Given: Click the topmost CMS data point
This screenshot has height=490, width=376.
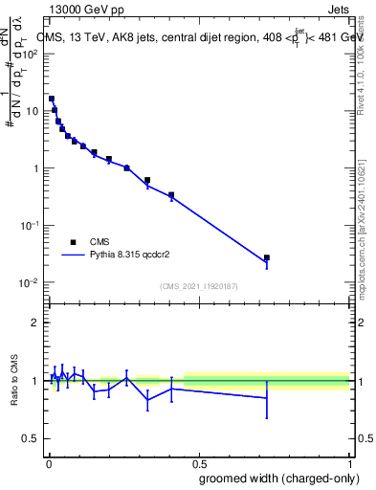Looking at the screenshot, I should [52, 99].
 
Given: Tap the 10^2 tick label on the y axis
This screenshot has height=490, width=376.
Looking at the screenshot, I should [31, 54].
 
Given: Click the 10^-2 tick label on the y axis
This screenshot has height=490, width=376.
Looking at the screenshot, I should [31, 283].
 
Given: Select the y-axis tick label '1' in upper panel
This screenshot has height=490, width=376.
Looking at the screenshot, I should [35, 168].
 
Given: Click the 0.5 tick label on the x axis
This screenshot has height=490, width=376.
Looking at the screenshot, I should [198, 462].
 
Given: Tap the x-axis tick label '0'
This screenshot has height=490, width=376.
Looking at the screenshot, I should [48, 462].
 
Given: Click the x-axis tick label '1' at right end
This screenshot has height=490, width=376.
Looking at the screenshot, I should [349, 462].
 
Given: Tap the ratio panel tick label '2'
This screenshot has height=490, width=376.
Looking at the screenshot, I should [36, 323].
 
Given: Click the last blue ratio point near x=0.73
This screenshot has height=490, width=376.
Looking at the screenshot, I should [267, 397].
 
